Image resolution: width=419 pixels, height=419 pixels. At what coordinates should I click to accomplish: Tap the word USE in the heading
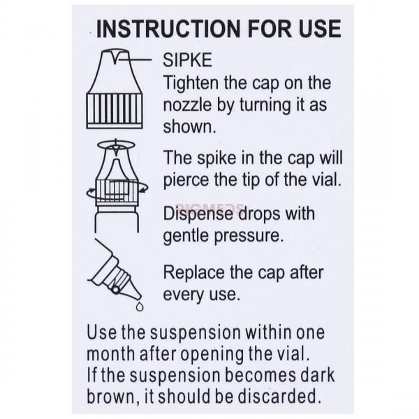(x=320, y=29)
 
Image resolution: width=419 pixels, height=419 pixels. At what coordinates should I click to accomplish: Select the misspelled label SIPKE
(x=187, y=60)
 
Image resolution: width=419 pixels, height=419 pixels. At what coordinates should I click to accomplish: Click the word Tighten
(x=191, y=82)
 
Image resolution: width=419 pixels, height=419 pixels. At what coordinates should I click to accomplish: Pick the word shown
(x=189, y=126)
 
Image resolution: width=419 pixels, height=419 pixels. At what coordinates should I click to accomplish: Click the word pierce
(x=186, y=179)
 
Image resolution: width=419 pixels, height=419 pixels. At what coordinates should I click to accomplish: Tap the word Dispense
(x=198, y=214)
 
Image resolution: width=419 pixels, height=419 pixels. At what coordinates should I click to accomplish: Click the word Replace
(x=194, y=272)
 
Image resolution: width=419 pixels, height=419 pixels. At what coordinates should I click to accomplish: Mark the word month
(x=110, y=354)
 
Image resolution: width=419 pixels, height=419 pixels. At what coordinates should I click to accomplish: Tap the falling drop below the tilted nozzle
(x=140, y=307)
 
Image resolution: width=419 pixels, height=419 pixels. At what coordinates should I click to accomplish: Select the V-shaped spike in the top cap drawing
(x=115, y=58)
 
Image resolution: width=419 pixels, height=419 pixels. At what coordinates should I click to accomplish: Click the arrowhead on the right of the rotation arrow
(x=145, y=189)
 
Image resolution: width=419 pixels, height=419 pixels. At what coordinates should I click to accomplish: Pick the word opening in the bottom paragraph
(x=212, y=354)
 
